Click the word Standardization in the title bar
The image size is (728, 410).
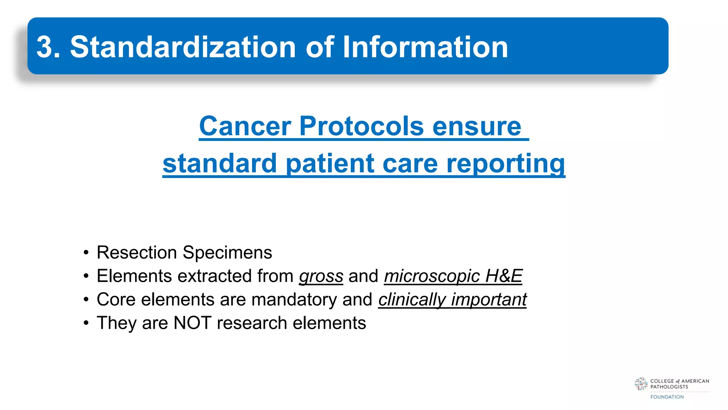[x=183, y=47]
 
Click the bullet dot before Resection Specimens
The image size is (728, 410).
[x=86, y=253]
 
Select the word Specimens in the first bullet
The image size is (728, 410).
[x=227, y=253]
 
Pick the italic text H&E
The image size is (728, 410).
[x=504, y=276]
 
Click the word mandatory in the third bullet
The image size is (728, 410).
[x=294, y=300]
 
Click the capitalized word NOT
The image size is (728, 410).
[x=192, y=323]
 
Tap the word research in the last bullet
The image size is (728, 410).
[x=252, y=323]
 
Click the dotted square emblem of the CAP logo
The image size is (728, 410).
[x=641, y=384]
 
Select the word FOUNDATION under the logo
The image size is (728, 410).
[x=667, y=397]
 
